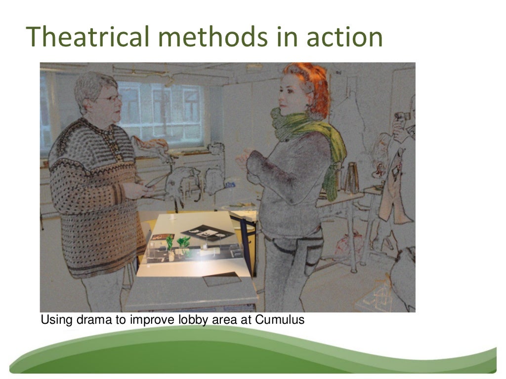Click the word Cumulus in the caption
(280, 320)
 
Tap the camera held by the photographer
(401, 117)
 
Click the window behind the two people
(158, 111)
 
